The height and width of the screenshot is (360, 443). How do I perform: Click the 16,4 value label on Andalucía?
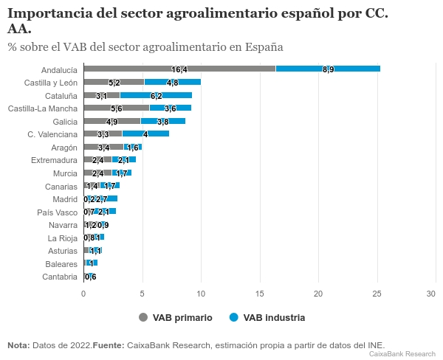(x=179, y=69)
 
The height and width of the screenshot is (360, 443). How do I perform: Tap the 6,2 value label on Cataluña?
(x=156, y=96)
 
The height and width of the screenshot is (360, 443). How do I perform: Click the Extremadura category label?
(x=54, y=160)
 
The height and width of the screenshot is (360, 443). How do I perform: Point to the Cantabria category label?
(x=60, y=277)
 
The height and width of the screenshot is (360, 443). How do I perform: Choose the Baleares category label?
(x=60, y=264)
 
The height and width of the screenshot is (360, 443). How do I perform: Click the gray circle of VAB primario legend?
(x=143, y=317)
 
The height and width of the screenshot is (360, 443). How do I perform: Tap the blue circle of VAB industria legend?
(x=234, y=317)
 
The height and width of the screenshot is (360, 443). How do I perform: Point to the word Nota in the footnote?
(x=18, y=345)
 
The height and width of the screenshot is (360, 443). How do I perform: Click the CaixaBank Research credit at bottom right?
(x=402, y=354)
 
